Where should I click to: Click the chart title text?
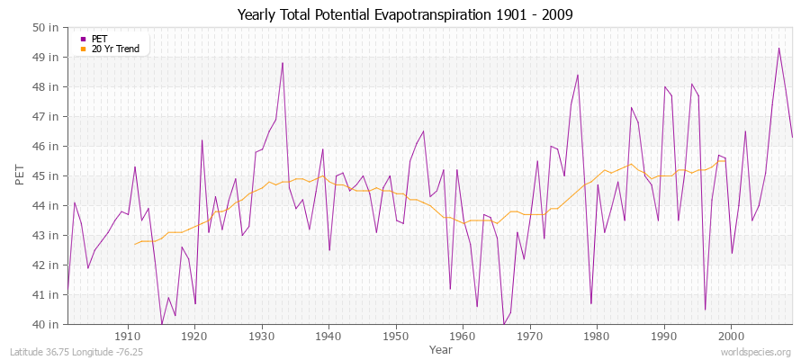(404, 15)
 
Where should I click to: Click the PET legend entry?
(99, 39)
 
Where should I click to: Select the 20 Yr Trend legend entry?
(115, 49)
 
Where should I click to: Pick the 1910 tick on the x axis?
(128, 336)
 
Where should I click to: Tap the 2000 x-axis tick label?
(731, 336)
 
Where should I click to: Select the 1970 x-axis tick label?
(530, 336)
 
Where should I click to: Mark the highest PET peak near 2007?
(778, 49)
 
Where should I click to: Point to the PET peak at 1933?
(283, 63)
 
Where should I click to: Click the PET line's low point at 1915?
(162, 323)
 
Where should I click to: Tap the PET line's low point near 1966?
(504, 323)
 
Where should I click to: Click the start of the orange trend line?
(135, 244)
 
